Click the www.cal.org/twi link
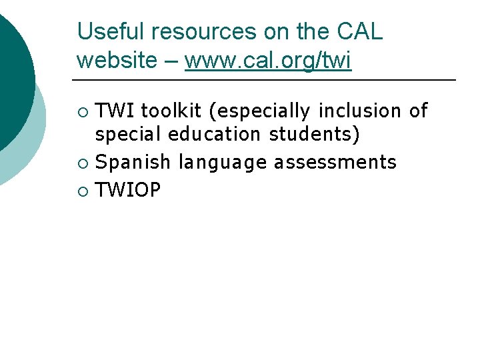[267, 60]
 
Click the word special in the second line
[129, 135]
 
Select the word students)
[315, 135]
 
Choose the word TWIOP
[128, 190]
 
